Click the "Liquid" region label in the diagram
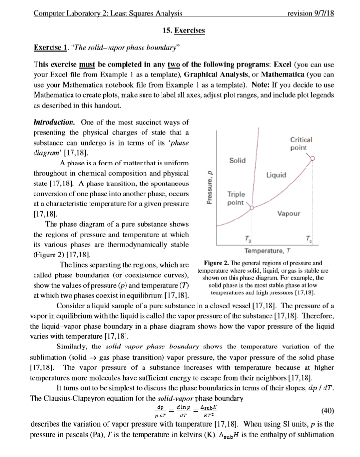tap(276, 174)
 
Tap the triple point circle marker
tap(252, 208)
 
